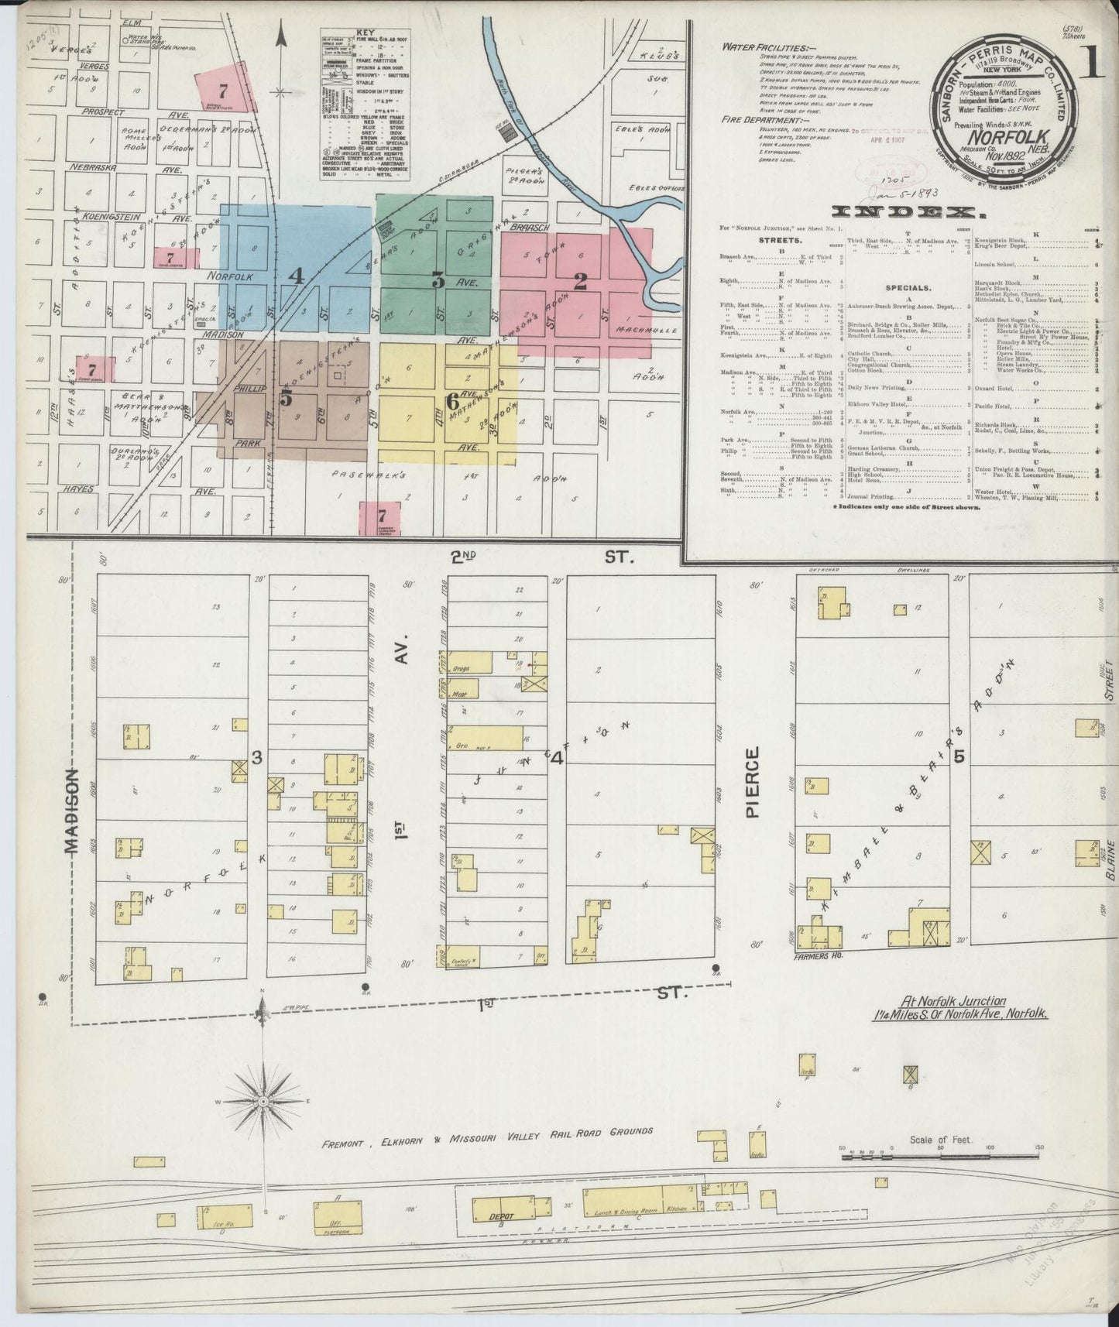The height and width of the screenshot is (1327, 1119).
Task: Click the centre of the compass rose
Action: (263, 1100)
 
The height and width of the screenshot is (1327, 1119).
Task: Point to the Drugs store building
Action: (469, 663)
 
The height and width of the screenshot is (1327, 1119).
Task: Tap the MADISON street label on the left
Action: (72, 811)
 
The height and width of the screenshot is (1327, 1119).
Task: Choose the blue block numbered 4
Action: (296, 275)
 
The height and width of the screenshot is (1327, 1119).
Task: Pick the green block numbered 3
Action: (438, 281)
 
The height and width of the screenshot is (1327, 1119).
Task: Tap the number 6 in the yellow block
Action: (452, 402)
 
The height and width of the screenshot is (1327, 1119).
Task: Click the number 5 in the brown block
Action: (287, 399)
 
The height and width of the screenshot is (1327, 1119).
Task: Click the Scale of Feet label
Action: (941, 1140)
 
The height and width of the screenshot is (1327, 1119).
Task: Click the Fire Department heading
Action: (760, 121)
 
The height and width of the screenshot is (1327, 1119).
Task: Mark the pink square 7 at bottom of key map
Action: (380, 516)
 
